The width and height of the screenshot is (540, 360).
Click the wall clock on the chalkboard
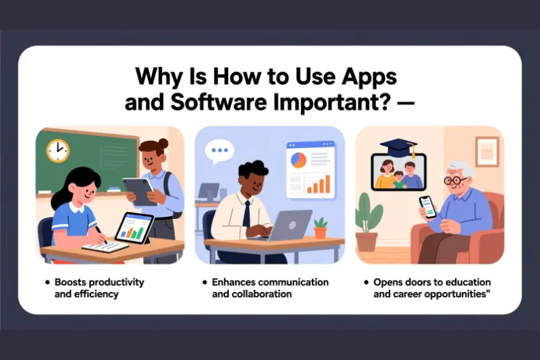(57, 150)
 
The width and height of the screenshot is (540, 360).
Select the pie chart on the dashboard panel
(298, 160)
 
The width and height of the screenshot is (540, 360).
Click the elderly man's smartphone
(425, 205)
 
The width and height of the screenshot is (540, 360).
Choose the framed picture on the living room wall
(486, 151)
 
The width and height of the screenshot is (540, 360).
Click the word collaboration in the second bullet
(263, 294)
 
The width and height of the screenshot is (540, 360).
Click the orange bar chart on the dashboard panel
(320, 184)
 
